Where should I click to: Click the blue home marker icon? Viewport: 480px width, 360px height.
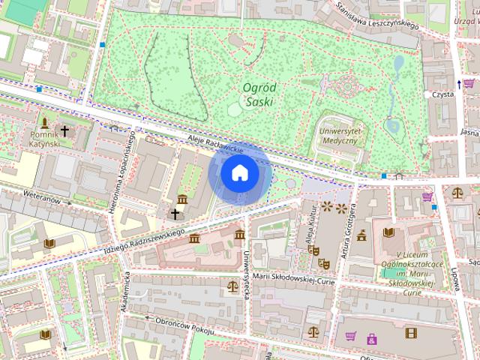point(239,173)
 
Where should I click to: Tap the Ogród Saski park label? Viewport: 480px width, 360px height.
point(259,94)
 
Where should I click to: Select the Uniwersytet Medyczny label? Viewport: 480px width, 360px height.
point(341,135)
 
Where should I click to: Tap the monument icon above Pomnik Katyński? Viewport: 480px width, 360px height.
point(45,122)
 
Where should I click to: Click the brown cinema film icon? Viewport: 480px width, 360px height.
point(410,332)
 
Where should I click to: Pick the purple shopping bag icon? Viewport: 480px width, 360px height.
point(371,339)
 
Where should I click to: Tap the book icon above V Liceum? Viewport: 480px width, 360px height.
point(388,232)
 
